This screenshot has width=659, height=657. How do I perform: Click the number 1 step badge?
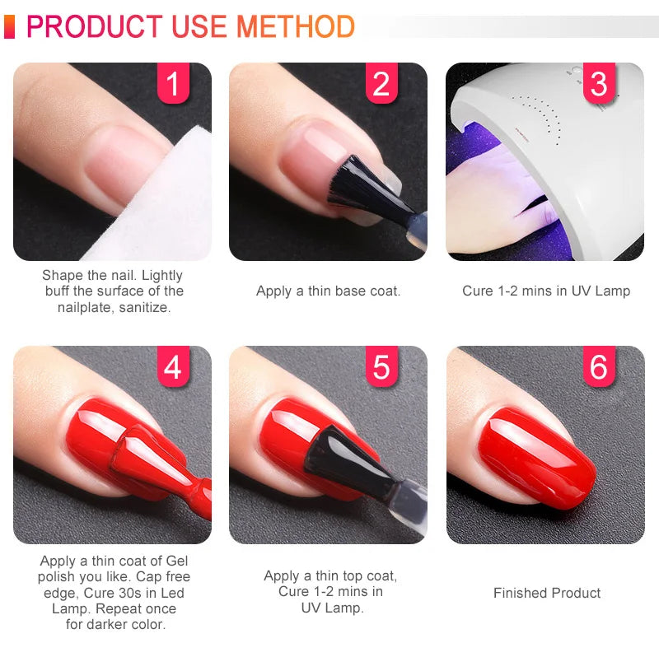click(x=173, y=83)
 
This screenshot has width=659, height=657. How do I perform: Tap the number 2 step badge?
click(x=381, y=83)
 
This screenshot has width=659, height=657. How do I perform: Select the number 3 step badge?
click(x=599, y=83)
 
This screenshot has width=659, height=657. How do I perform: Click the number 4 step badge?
click(x=173, y=366)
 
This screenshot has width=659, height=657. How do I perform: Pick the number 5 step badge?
click(x=381, y=366)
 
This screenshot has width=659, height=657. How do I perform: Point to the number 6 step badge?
click(x=599, y=366)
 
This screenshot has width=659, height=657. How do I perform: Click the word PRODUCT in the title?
click(x=96, y=26)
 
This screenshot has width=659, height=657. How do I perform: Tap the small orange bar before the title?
click(x=9, y=26)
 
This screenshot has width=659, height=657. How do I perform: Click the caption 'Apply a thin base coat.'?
click(x=328, y=291)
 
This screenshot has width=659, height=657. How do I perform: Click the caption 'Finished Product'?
click(x=547, y=593)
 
